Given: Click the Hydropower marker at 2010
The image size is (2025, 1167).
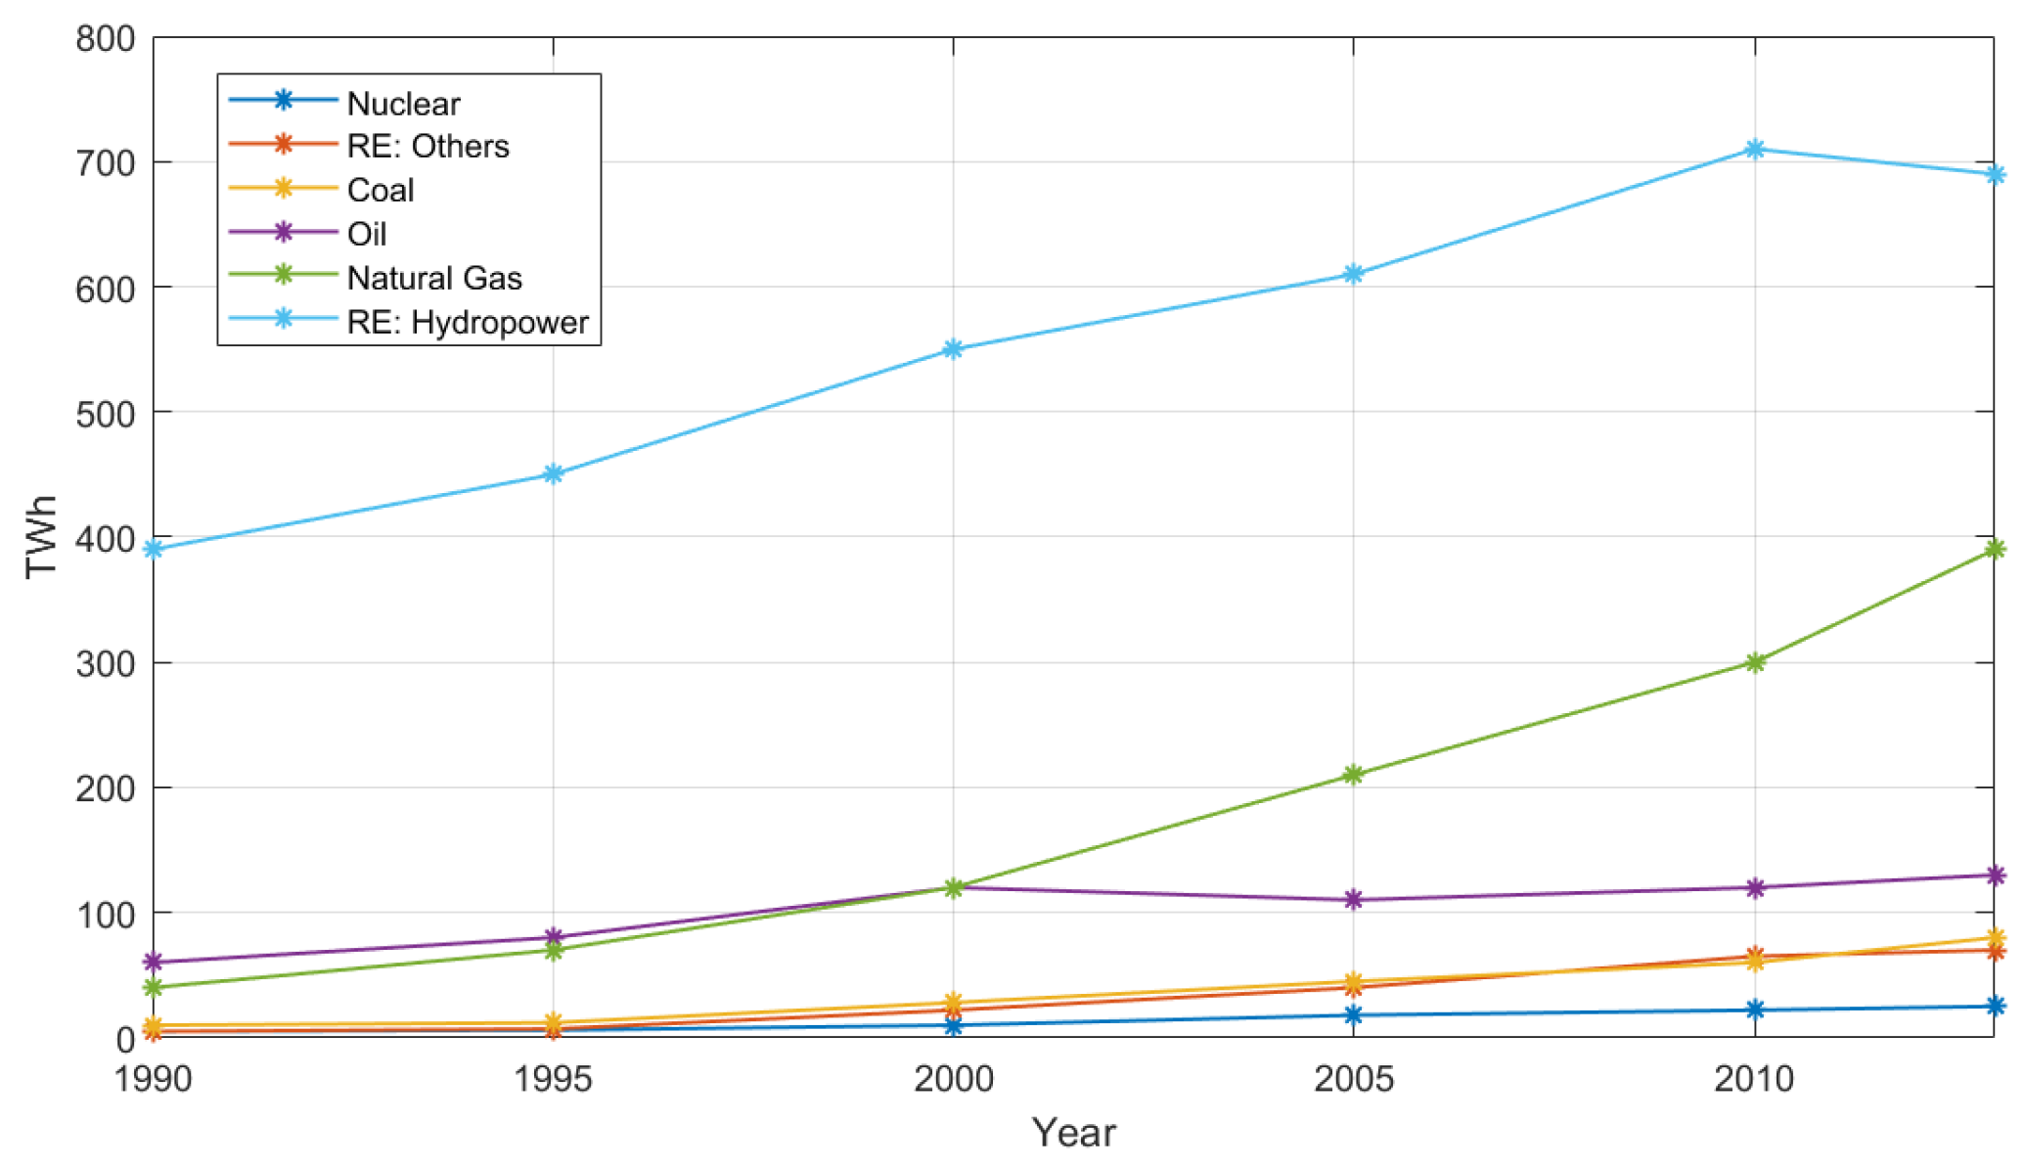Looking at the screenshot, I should (x=1754, y=150).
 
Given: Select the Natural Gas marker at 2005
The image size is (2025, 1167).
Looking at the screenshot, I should (x=1353, y=775).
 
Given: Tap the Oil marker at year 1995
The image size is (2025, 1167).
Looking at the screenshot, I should (x=553, y=937).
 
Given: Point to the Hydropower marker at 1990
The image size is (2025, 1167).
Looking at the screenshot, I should (x=153, y=549).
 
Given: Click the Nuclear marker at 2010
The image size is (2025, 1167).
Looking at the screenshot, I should (x=1754, y=1010).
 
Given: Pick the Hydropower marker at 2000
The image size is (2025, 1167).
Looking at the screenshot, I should (x=953, y=349).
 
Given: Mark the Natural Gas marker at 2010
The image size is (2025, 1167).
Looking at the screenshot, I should (x=1754, y=662).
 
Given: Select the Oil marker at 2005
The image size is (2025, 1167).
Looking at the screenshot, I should (x=1353, y=899).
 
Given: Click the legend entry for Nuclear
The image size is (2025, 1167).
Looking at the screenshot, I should (x=403, y=103).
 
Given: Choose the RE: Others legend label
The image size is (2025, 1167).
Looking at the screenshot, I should (x=427, y=146).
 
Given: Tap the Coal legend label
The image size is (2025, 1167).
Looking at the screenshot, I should (x=381, y=190).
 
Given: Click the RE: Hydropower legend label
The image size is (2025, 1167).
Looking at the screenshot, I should (x=467, y=322).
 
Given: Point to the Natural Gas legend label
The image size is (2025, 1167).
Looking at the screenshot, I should (x=434, y=278).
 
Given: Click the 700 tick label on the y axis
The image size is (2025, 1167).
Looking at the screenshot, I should (x=105, y=163).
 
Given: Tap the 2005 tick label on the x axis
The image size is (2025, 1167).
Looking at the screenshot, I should (x=1353, y=1079).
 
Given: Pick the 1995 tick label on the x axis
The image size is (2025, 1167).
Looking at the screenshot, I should (x=553, y=1079).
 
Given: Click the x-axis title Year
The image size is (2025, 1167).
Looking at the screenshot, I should (x=1073, y=1133).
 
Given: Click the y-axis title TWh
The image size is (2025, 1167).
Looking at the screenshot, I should (x=42, y=537).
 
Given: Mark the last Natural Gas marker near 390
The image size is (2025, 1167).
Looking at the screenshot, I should (x=1994, y=549).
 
